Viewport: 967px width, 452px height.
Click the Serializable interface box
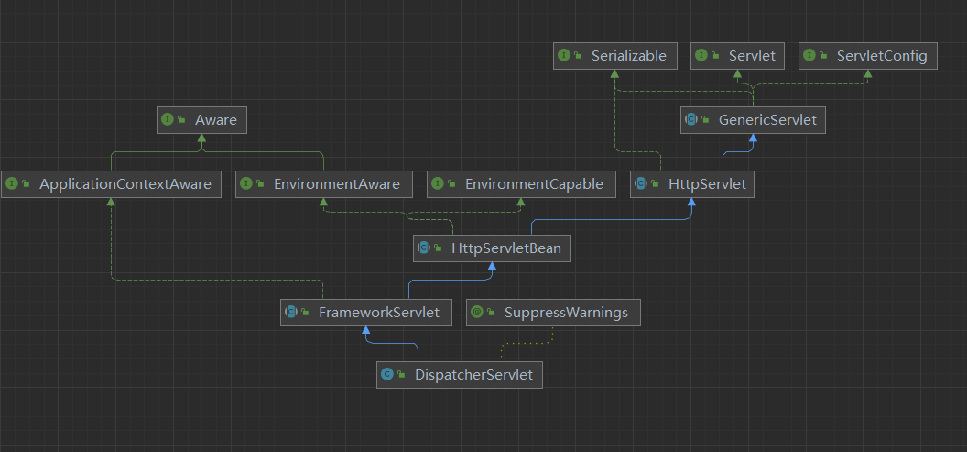[615, 56]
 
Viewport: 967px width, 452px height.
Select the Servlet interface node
[737, 56]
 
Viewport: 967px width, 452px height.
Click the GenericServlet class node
[753, 120]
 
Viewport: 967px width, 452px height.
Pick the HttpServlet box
[693, 184]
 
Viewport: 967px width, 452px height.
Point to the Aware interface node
[201, 120]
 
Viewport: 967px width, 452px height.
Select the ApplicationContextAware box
[110, 184]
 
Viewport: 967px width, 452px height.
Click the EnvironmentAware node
[323, 184]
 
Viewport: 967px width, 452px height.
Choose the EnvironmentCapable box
[521, 184]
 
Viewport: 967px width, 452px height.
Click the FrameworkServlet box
[365, 313]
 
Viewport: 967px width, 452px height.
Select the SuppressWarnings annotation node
[553, 313]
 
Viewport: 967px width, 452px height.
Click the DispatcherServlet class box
[460, 374]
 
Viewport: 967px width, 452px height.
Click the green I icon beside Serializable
[563, 56]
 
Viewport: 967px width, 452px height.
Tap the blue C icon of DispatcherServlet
[387, 374]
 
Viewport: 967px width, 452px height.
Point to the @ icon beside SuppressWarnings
[476, 313]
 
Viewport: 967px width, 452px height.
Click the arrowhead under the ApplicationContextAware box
[110, 203]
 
